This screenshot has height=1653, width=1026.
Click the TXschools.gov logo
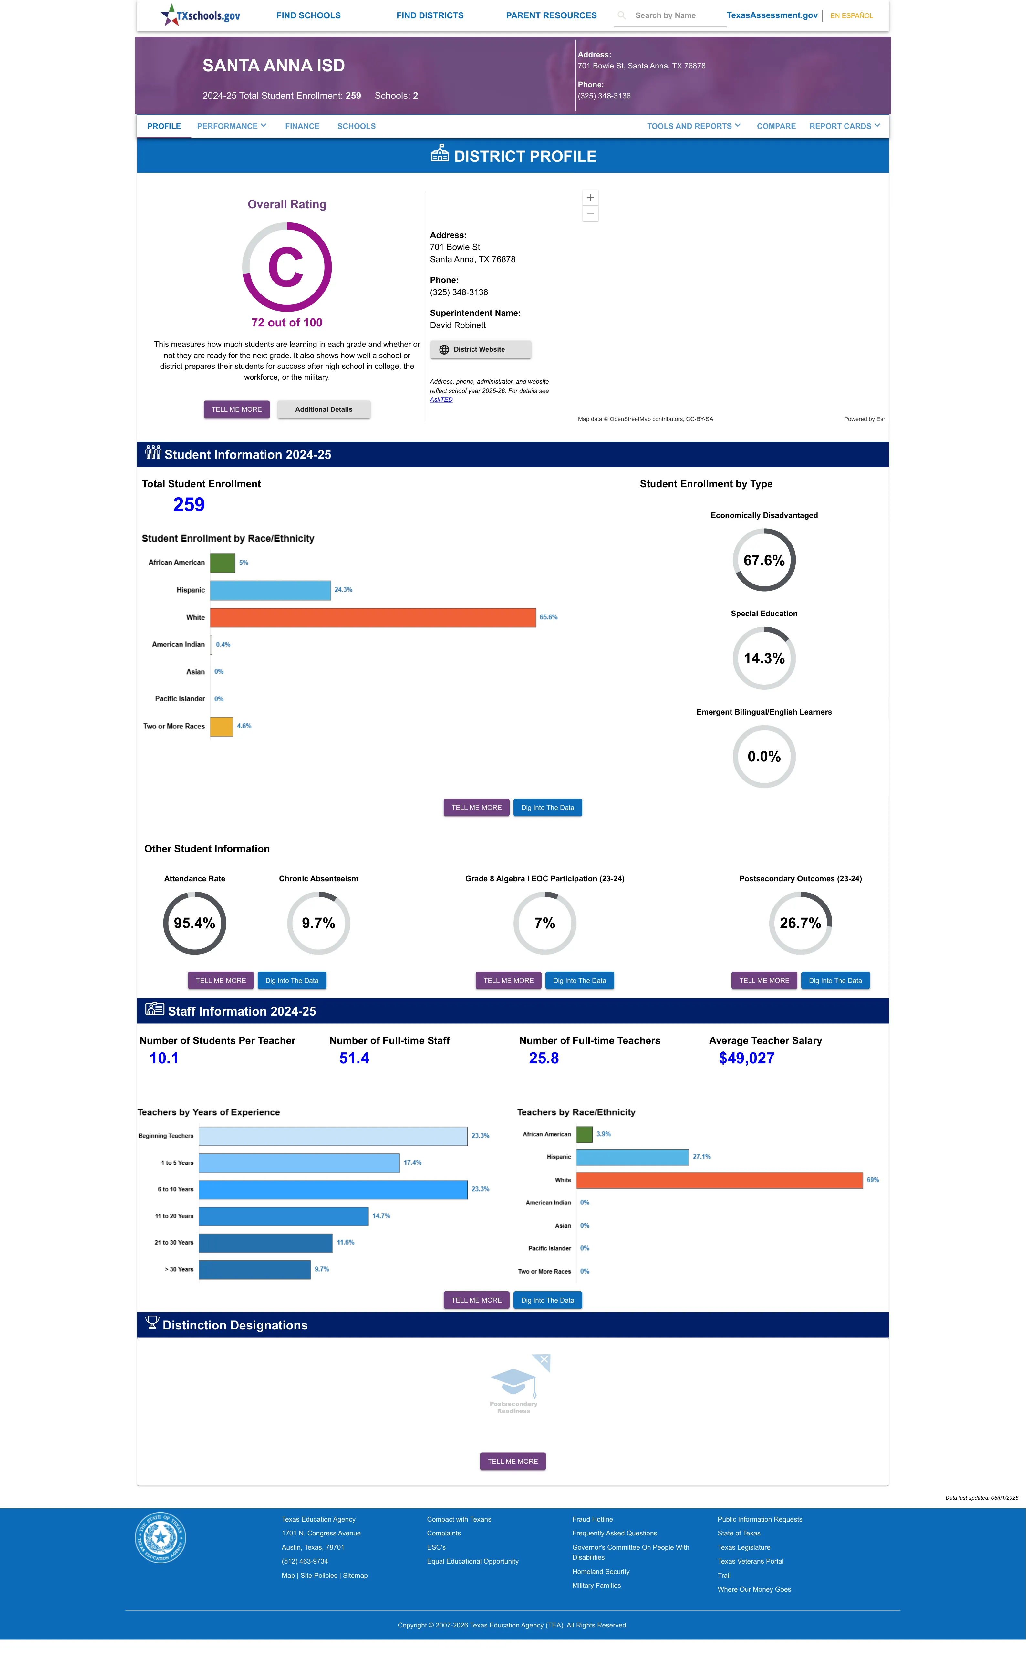point(200,15)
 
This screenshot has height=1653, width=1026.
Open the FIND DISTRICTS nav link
point(430,15)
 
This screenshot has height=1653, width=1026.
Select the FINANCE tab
point(302,126)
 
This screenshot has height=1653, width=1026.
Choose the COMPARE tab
point(776,126)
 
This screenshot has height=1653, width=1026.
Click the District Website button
point(481,349)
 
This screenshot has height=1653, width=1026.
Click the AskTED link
point(441,399)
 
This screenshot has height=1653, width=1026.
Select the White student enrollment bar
point(373,617)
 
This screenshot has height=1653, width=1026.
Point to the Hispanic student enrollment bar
point(270,590)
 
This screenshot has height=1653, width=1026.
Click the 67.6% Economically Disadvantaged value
point(764,560)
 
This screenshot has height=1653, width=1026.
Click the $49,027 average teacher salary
point(746,1058)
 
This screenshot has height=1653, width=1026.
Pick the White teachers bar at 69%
point(719,1180)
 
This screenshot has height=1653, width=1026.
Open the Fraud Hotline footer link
point(592,1519)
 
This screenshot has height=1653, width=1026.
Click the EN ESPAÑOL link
point(852,15)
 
